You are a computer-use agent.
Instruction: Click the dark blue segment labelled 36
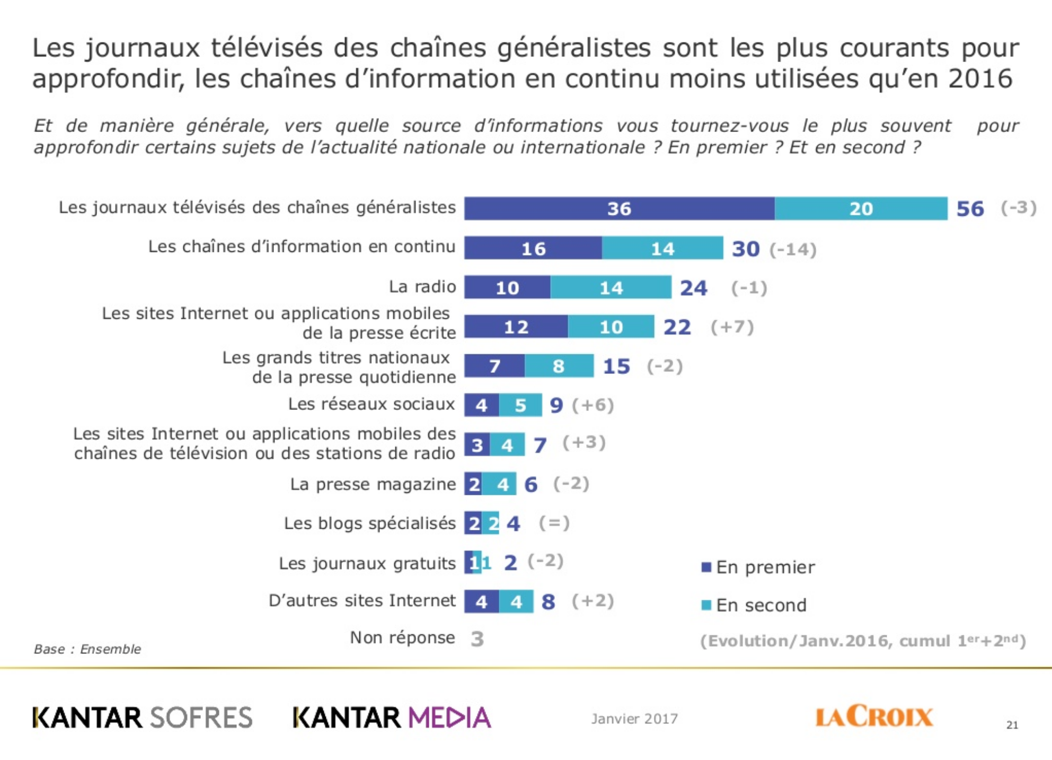click(x=619, y=208)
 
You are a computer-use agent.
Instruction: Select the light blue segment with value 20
click(x=861, y=208)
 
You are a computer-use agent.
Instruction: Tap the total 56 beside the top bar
click(x=970, y=208)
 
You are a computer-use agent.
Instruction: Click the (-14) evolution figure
click(x=793, y=249)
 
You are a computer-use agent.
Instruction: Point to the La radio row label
click(x=422, y=286)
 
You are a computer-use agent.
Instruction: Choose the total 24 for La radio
click(x=693, y=288)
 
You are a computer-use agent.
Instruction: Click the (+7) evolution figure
click(x=732, y=327)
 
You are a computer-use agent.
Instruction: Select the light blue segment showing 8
click(x=559, y=366)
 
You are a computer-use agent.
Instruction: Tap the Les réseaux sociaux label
click(x=371, y=404)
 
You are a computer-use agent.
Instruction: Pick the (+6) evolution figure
click(x=593, y=405)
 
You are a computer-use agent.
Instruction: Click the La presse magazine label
click(x=373, y=484)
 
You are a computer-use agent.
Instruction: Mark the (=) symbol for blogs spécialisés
click(x=554, y=523)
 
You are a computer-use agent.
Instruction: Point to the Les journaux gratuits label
click(x=367, y=563)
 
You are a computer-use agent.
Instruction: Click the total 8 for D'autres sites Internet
click(x=549, y=602)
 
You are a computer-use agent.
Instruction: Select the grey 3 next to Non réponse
click(x=477, y=639)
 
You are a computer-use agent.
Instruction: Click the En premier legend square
click(x=706, y=567)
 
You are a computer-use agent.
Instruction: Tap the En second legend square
click(x=706, y=605)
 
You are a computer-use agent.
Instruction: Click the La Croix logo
click(x=873, y=716)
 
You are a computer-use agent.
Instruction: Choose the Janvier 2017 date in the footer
click(x=634, y=719)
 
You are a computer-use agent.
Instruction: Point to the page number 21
click(x=1012, y=725)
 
